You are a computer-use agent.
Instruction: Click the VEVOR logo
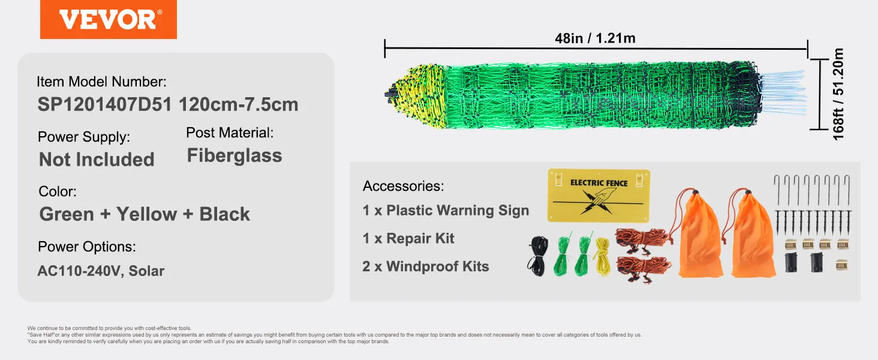click(x=108, y=20)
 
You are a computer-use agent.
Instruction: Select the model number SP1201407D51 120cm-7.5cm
click(x=168, y=104)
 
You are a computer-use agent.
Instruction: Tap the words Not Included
click(x=97, y=160)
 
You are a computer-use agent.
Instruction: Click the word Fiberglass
click(x=234, y=156)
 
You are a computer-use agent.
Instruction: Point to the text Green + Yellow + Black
click(x=145, y=214)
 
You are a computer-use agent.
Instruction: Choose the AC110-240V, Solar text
click(x=101, y=271)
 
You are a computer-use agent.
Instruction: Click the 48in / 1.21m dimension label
click(x=595, y=38)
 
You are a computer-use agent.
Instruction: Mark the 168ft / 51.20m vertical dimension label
click(x=838, y=94)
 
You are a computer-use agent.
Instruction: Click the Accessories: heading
click(x=403, y=186)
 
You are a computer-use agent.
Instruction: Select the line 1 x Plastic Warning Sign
click(x=446, y=211)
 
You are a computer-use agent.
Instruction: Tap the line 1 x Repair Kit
click(x=408, y=238)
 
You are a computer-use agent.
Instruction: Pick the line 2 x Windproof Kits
click(x=425, y=266)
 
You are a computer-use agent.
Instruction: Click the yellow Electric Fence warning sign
click(x=599, y=196)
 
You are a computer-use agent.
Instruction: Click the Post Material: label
click(x=230, y=133)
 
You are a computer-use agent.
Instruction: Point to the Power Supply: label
click(x=84, y=137)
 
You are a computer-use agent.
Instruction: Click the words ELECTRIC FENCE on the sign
click(x=599, y=182)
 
